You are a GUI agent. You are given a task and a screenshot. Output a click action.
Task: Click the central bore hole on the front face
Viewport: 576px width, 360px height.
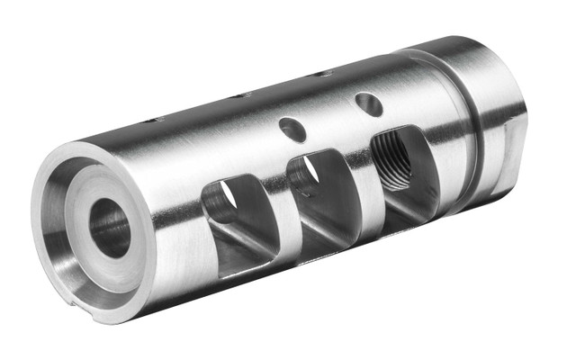pyautogui.click(x=109, y=227)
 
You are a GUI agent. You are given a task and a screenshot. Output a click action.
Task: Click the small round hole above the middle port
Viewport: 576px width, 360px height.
pyautogui.click(x=292, y=129)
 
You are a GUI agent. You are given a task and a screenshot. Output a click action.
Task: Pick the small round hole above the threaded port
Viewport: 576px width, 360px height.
pyautogui.click(x=368, y=103)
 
